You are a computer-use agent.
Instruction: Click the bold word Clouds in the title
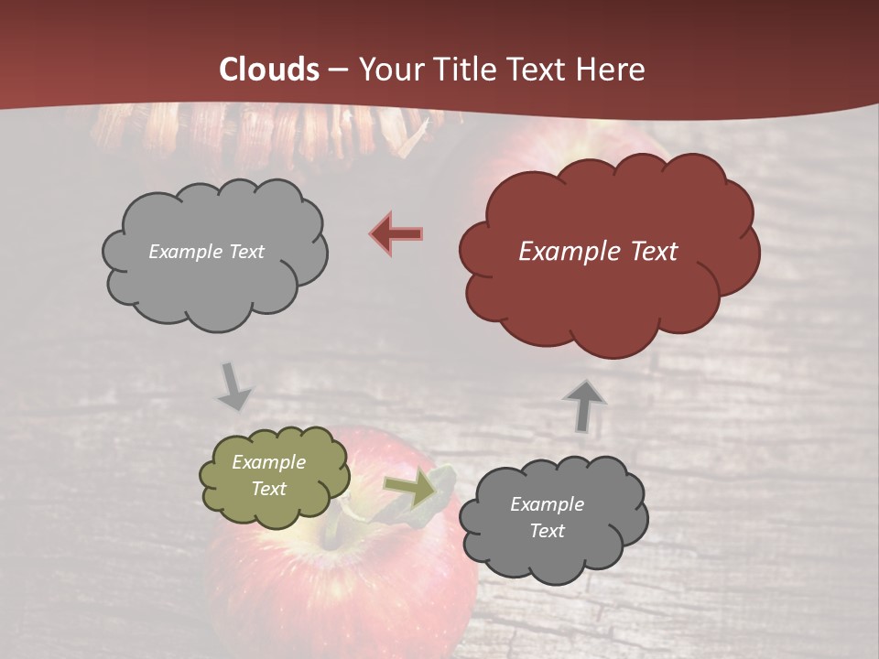click(269, 70)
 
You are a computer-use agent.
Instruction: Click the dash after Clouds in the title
click(337, 70)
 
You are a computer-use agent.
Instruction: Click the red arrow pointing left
click(396, 234)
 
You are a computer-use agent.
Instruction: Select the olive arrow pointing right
click(409, 490)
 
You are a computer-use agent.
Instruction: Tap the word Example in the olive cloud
click(268, 462)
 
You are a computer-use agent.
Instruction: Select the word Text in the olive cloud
click(268, 489)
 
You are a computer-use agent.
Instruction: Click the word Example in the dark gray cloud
click(547, 504)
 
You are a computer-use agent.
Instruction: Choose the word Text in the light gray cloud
click(245, 252)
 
